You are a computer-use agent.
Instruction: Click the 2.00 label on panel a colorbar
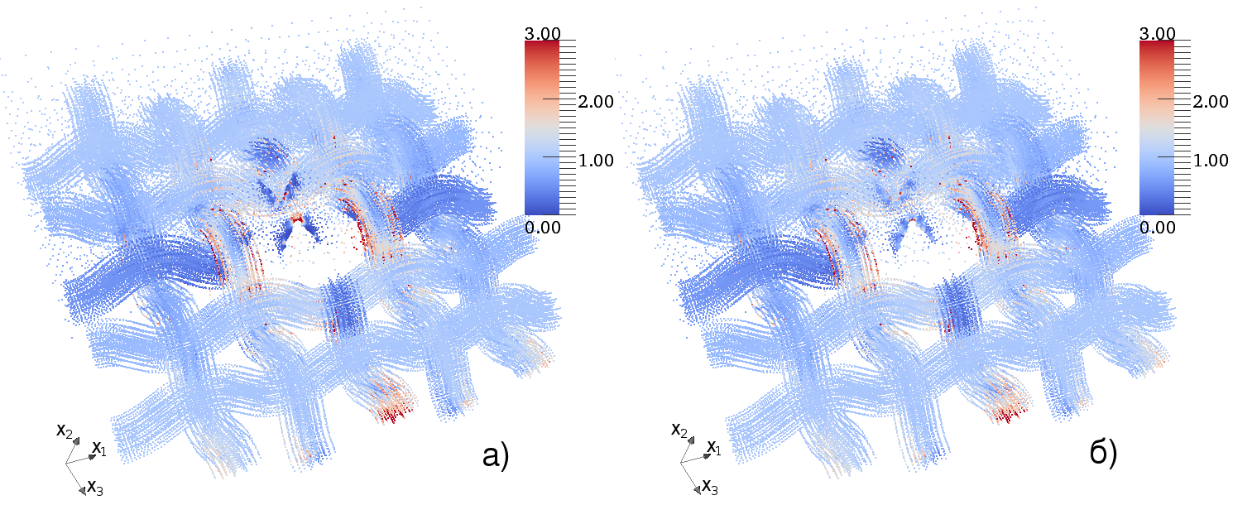pos(597,102)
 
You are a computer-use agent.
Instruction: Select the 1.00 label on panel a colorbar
pos(597,160)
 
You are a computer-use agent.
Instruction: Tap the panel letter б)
pos(1103,452)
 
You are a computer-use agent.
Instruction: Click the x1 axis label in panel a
pos(99,449)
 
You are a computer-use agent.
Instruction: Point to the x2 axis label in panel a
pos(65,430)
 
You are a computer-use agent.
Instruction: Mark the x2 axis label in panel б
pos(679,430)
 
